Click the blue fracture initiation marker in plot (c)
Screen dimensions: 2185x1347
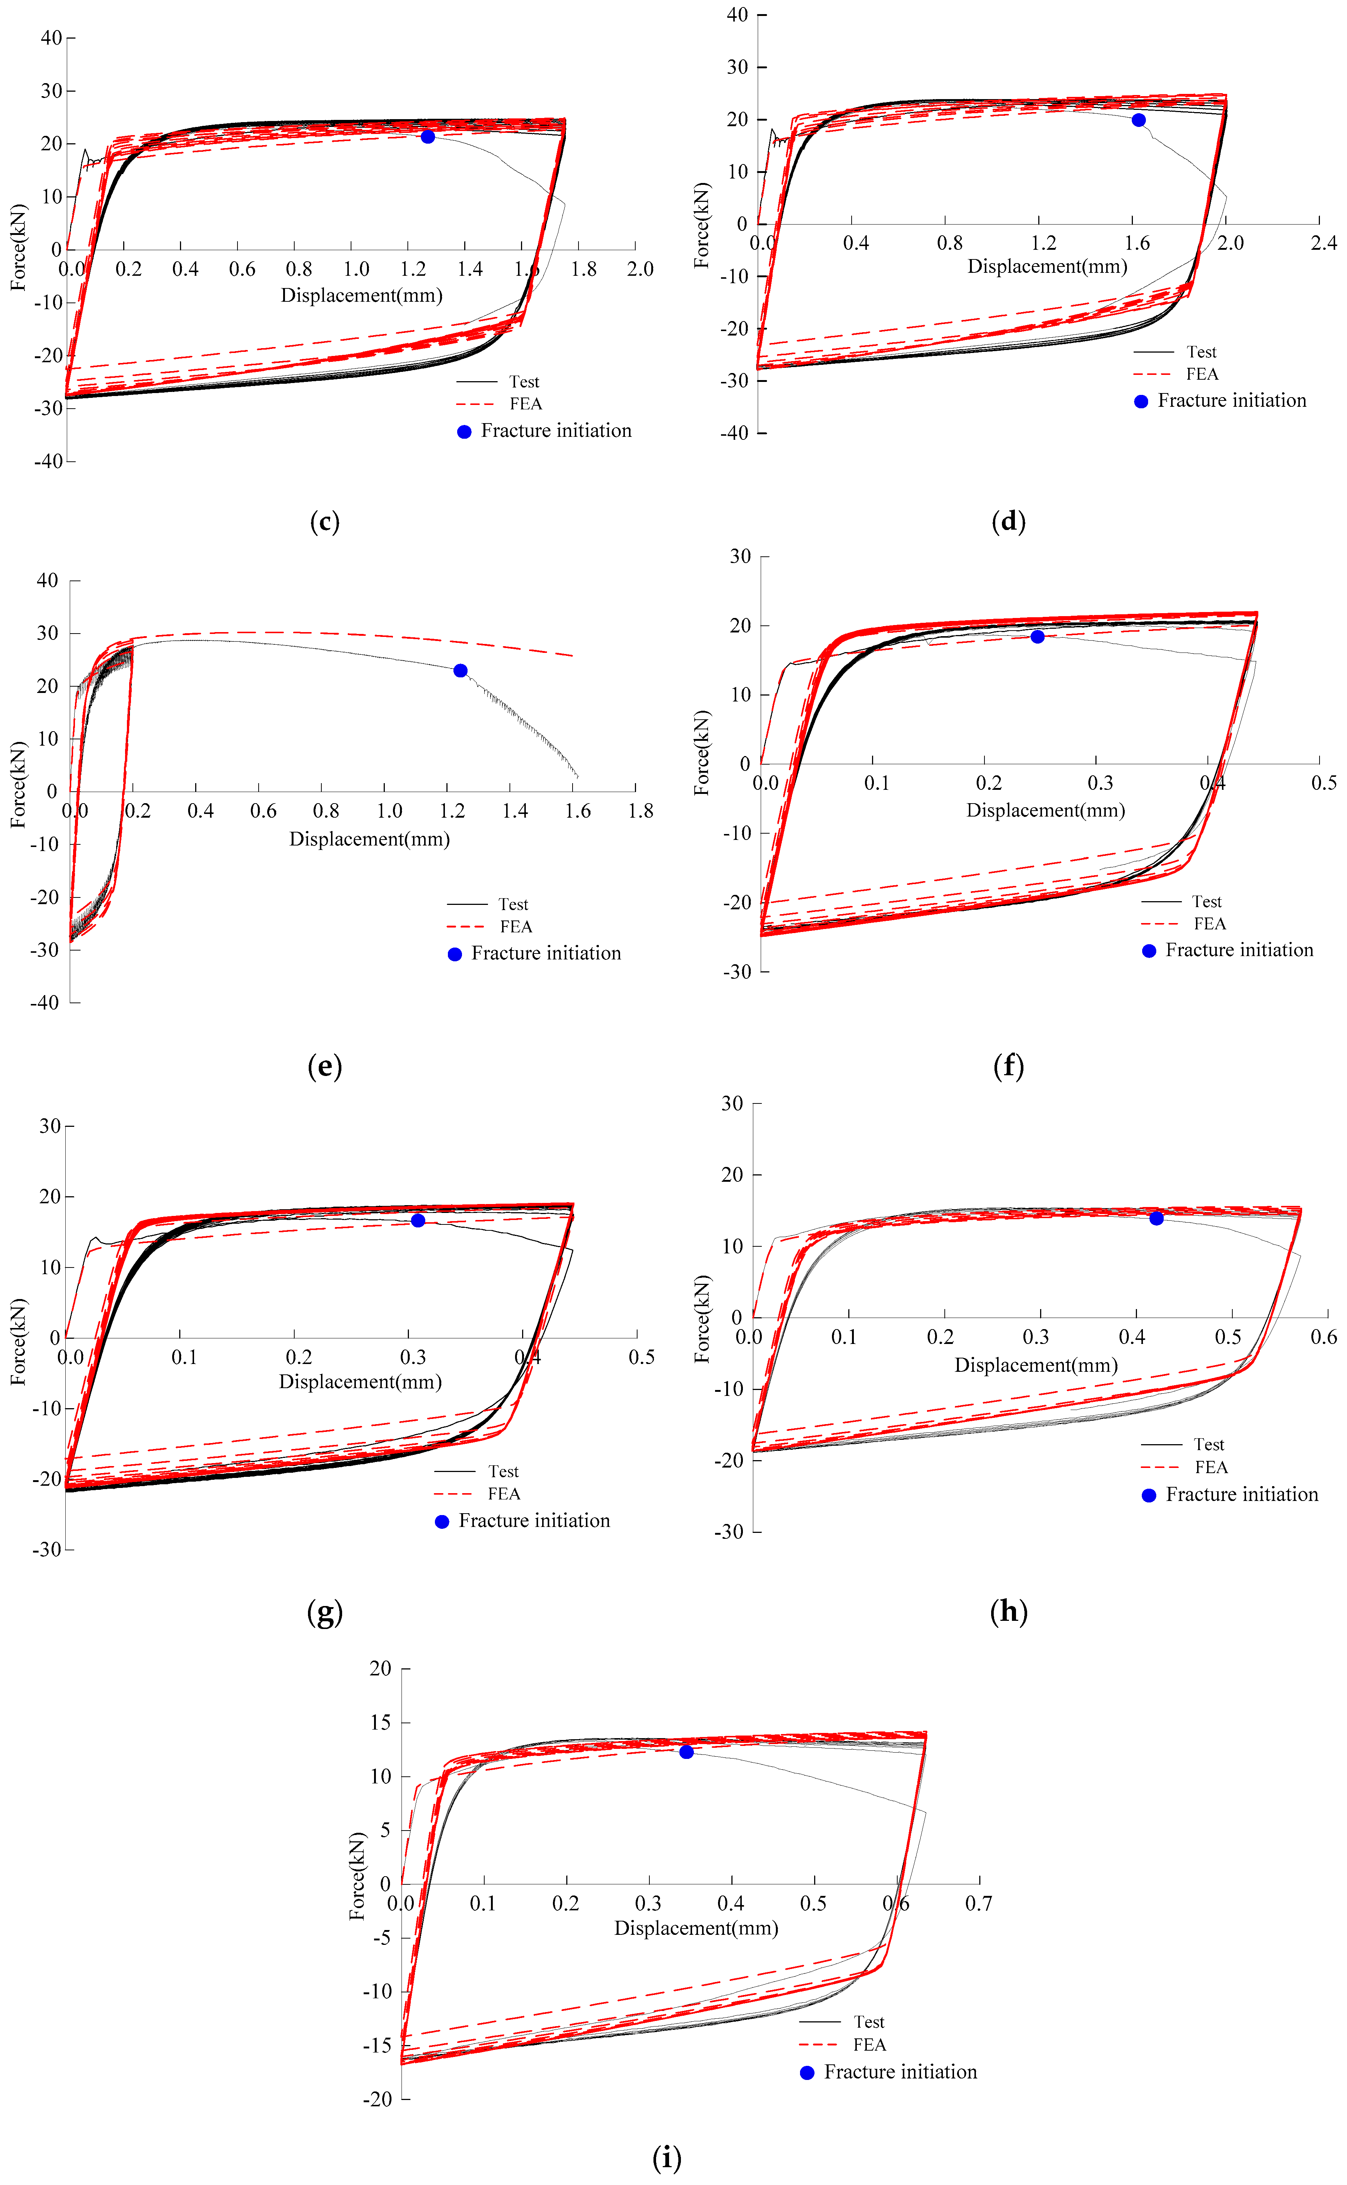pos(427,136)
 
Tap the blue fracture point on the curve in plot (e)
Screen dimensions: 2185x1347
pos(461,670)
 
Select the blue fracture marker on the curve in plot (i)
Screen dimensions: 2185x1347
pos(686,1752)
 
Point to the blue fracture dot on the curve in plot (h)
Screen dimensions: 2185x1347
pos(1156,1218)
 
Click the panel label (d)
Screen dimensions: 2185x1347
pos(1009,521)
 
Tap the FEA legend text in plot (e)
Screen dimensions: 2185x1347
pos(516,927)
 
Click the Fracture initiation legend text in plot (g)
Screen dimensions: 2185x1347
pos(534,1520)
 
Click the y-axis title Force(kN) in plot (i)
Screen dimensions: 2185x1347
pos(357,1876)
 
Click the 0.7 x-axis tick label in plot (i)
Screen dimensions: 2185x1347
pos(978,1903)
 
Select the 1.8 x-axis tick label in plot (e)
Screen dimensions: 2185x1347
pos(640,811)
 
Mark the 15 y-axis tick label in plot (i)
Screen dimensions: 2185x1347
pos(380,1723)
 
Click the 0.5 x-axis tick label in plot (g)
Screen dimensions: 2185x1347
pos(642,1357)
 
